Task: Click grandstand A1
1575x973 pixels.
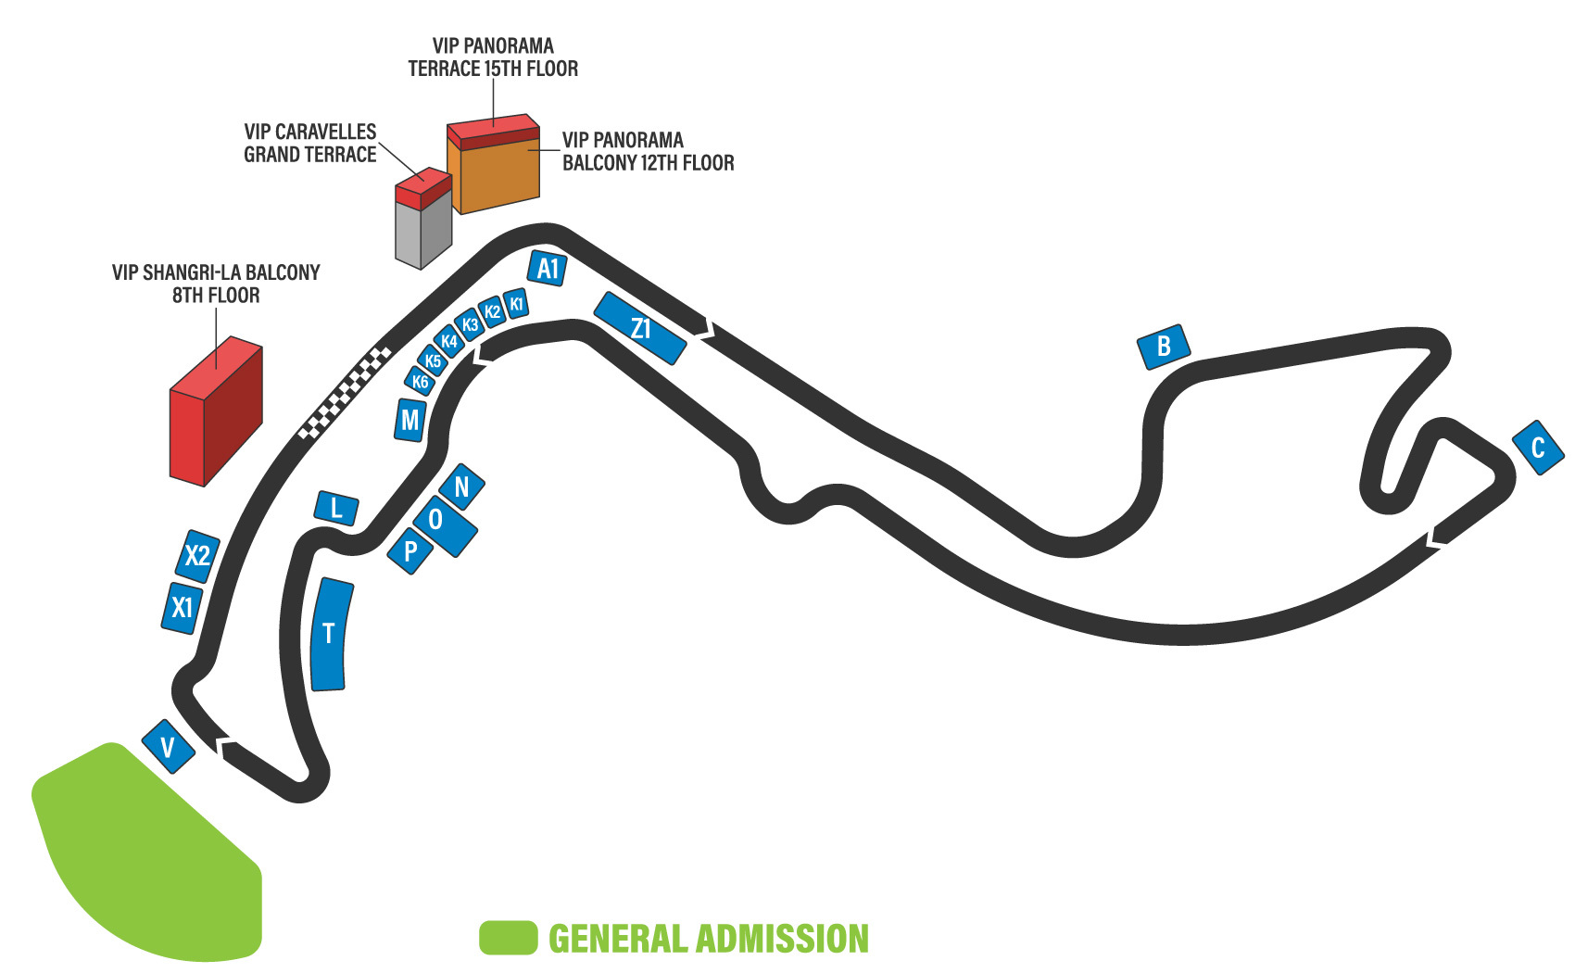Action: pyautogui.click(x=548, y=269)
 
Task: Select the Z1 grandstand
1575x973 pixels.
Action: pyautogui.click(x=640, y=328)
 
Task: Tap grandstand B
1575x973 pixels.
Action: pyautogui.click(x=1164, y=347)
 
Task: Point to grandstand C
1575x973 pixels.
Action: pyautogui.click(x=1538, y=448)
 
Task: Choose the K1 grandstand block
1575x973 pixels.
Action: pyautogui.click(x=517, y=304)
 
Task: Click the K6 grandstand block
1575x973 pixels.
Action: pyautogui.click(x=421, y=381)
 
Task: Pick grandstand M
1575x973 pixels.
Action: pyautogui.click(x=410, y=421)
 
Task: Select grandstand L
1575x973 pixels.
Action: pyautogui.click(x=336, y=508)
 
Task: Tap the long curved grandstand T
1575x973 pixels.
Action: pyautogui.click(x=330, y=635)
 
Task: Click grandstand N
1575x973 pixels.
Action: pyautogui.click(x=461, y=486)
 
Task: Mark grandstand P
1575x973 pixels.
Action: pyautogui.click(x=410, y=551)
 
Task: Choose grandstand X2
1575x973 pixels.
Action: pyautogui.click(x=198, y=555)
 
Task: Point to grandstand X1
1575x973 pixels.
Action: pyautogui.click(x=183, y=607)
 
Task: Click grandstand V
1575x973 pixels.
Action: pyautogui.click(x=168, y=747)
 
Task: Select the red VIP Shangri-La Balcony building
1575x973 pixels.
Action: pyautogui.click(x=215, y=412)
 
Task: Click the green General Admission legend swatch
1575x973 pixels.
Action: pyautogui.click(x=509, y=938)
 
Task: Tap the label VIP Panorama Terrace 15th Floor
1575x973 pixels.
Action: pyautogui.click(x=493, y=57)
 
